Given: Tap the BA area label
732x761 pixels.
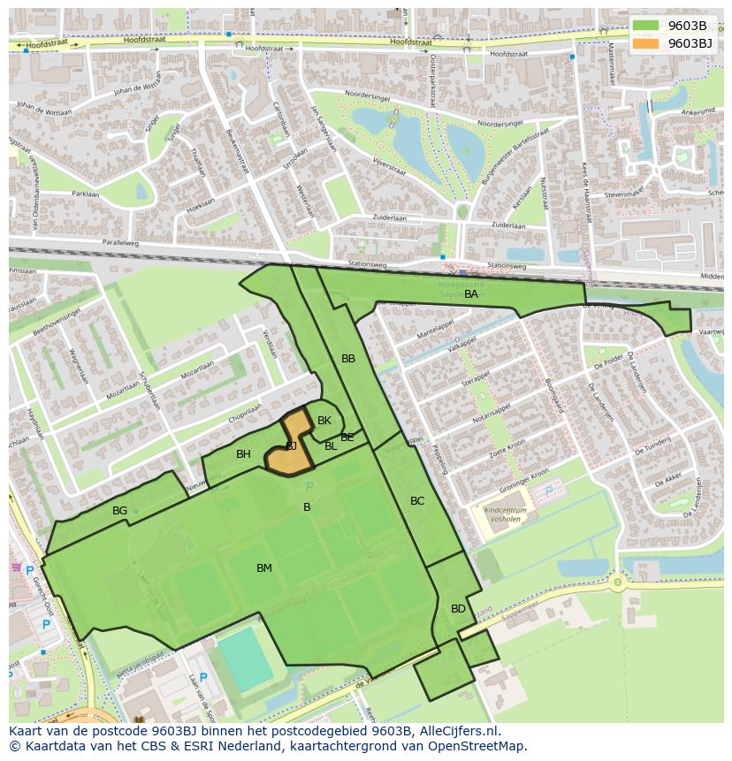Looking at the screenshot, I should (471, 294).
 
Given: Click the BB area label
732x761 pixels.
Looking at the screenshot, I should (348, 359).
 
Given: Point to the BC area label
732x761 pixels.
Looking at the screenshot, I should (417, 501).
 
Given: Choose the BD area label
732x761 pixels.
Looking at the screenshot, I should (458, 609).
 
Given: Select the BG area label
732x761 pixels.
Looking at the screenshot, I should (120, 511).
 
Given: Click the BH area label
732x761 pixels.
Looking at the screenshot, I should (243, 454).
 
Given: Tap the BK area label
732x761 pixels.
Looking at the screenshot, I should (324, 421).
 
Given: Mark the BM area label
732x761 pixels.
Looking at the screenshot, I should (264, 568).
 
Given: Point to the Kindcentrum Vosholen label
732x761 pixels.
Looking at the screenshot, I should (505, 515).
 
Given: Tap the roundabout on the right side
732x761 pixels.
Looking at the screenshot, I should (617, 582).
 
